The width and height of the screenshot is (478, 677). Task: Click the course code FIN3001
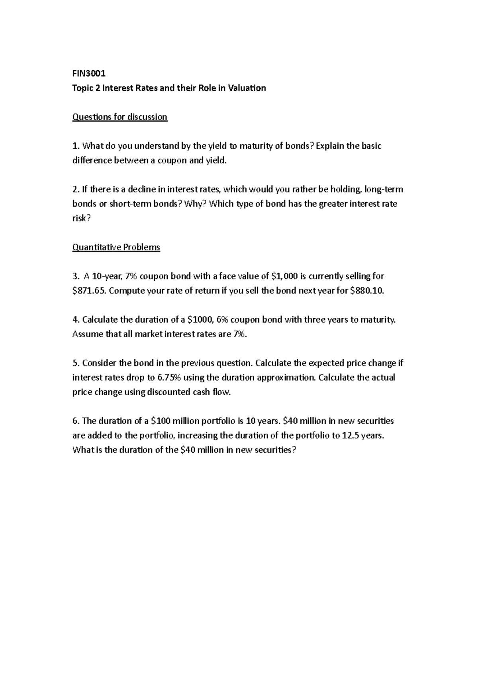point(89,73)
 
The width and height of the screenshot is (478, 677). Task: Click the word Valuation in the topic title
point(246,88)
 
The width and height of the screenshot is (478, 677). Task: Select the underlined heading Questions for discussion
point(119,117)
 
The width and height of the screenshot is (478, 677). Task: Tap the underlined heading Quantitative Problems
point(116,247)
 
